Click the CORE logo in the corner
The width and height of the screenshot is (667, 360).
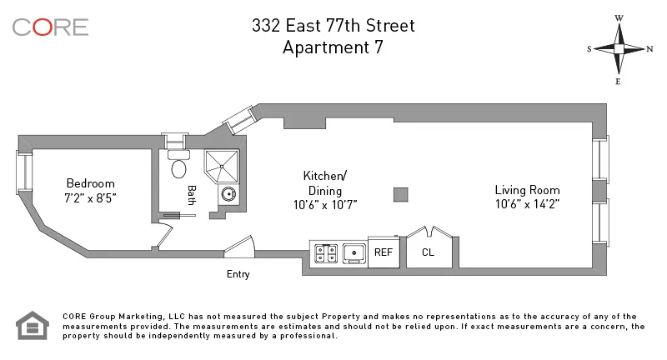point(50,27)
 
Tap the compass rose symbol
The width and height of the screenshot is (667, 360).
point(619,48)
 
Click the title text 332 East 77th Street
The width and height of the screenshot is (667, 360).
point(333,26)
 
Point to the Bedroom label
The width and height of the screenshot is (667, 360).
point(91,183)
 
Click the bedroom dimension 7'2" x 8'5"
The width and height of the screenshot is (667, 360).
point(91,198)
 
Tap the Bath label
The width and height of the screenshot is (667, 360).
point(191,195)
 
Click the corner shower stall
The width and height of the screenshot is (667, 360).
point(223,164)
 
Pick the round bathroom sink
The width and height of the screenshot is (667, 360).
point(228,195)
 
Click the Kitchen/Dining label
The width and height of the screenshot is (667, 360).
point(324,182)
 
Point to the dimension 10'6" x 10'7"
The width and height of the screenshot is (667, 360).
point(324,204)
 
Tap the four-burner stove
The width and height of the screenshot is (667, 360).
point(324,252)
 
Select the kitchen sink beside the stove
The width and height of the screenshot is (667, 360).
point(354,252)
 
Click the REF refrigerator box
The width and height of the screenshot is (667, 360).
point(384,252)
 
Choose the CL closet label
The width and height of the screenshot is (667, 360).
point(429,252)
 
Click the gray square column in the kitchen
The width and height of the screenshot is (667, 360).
point(401,194)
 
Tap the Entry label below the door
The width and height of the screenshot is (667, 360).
point(238,274)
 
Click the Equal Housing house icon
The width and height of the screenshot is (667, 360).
point(33,325)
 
